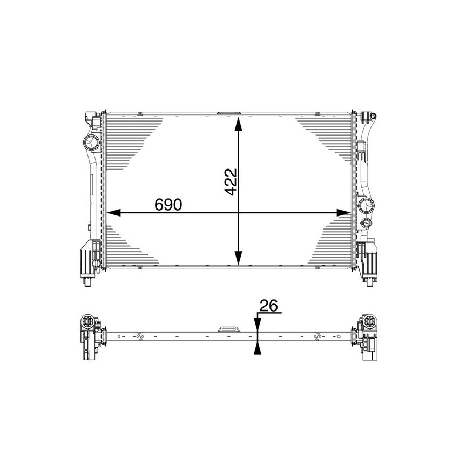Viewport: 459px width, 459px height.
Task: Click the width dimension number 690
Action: coord(168,204)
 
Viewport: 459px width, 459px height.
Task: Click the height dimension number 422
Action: coord(231,182)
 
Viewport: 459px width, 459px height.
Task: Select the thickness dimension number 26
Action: coord(268,306)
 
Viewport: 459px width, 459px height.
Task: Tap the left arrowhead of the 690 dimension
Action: coord(111,213)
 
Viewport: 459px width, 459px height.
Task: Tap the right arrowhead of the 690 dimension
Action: coord(343,213)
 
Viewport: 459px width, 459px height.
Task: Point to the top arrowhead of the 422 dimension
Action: coord(238,125)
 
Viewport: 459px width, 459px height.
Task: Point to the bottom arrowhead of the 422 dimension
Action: coord(238,258)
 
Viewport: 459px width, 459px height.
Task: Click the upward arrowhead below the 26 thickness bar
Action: coord(257,348)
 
